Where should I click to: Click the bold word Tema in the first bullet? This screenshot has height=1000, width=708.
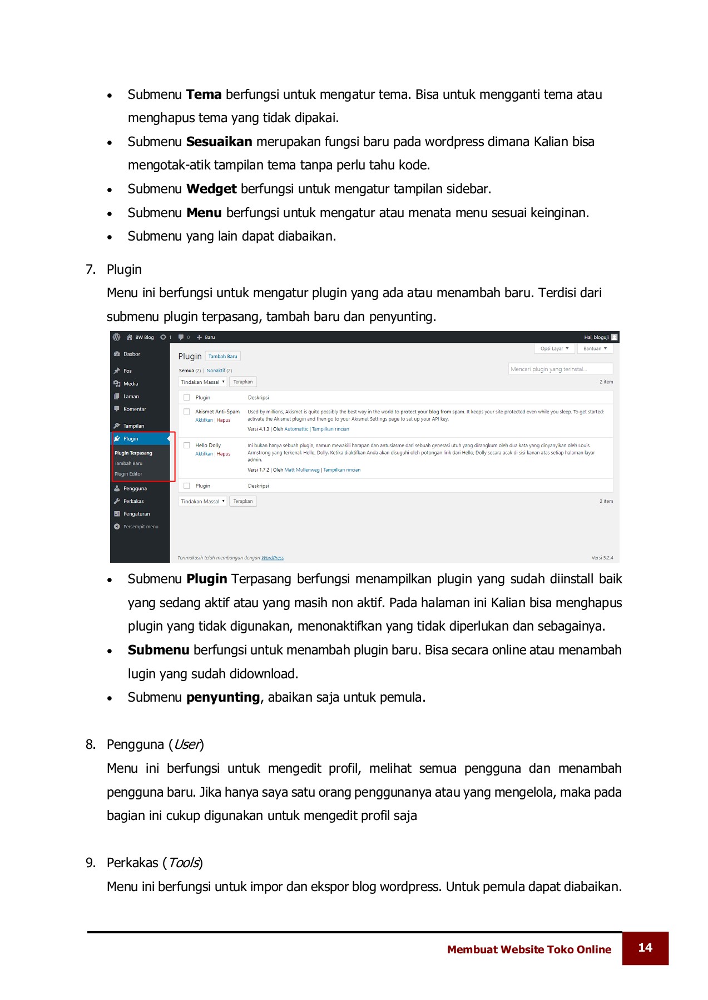coord(204,94)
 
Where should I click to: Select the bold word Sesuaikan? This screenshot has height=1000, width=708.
coord(219,142)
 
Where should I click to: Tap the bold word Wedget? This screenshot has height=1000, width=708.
coord(211,189)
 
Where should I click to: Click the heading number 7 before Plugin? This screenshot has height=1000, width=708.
coord(90,269)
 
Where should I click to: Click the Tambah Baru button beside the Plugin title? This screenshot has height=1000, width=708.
coord(222,357)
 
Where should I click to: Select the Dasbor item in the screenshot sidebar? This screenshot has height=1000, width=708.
coord(131,354)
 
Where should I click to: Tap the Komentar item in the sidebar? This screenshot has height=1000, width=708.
coord(134,409)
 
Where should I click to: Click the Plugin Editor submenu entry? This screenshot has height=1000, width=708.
coord(128,474)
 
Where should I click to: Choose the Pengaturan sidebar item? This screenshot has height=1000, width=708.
coord(136,514)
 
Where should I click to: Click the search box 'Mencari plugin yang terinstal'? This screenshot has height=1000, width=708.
coord(560,369)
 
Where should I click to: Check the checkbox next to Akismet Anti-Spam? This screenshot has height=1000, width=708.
coord(187,412)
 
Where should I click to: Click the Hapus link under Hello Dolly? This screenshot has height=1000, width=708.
coord(224,454)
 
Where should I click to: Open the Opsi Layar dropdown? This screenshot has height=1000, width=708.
coord(554,348)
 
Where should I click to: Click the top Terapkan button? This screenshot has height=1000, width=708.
coord(242,382)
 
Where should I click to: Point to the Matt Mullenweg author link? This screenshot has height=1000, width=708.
coord(302,470)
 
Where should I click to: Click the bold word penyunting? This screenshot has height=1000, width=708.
coord(223,697)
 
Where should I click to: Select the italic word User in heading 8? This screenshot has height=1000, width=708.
coord(187,744)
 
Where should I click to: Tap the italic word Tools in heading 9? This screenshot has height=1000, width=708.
coord(184,863)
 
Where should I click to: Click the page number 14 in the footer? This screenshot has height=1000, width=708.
coord(645,948)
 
